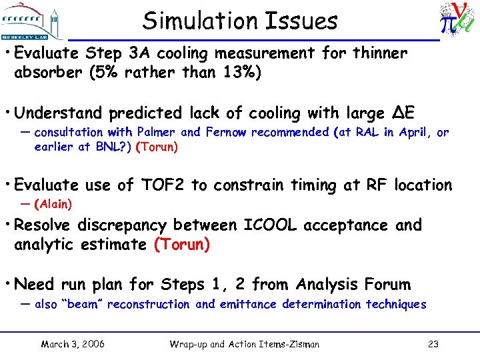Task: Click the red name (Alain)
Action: click(x=53, y=204)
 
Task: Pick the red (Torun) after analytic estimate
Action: click(x=181, y=245)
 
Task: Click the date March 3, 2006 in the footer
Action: click(x=72, y=344)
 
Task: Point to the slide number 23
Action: click(x=432, y=344)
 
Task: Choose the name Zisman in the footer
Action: click(x=299, y=344)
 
